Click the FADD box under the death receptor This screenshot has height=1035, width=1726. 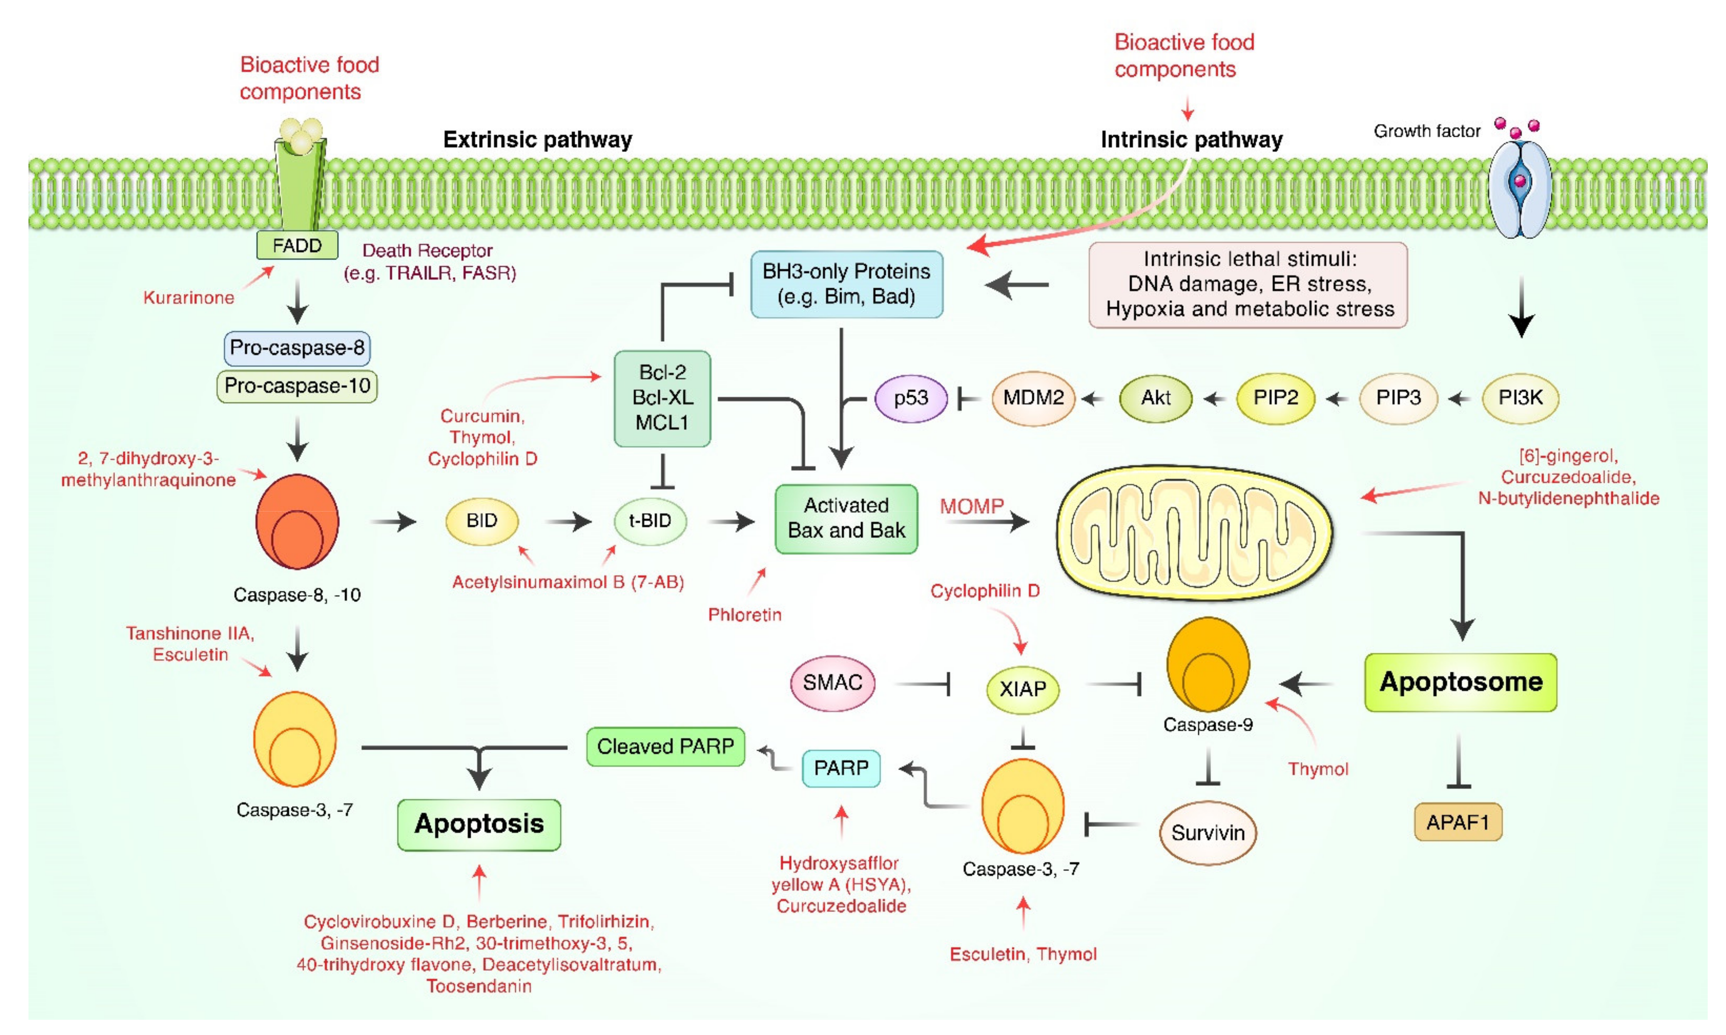[297, 246]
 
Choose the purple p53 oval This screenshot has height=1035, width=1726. [911, 398]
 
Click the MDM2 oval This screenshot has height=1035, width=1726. [1033, 398]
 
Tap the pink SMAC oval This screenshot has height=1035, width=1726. [832, 683]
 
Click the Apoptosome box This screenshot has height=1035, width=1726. [1461, 682]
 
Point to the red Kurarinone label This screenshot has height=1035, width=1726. [188, 298]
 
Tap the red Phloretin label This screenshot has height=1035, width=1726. [744, 614]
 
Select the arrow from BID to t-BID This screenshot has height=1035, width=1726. [568, 521]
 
